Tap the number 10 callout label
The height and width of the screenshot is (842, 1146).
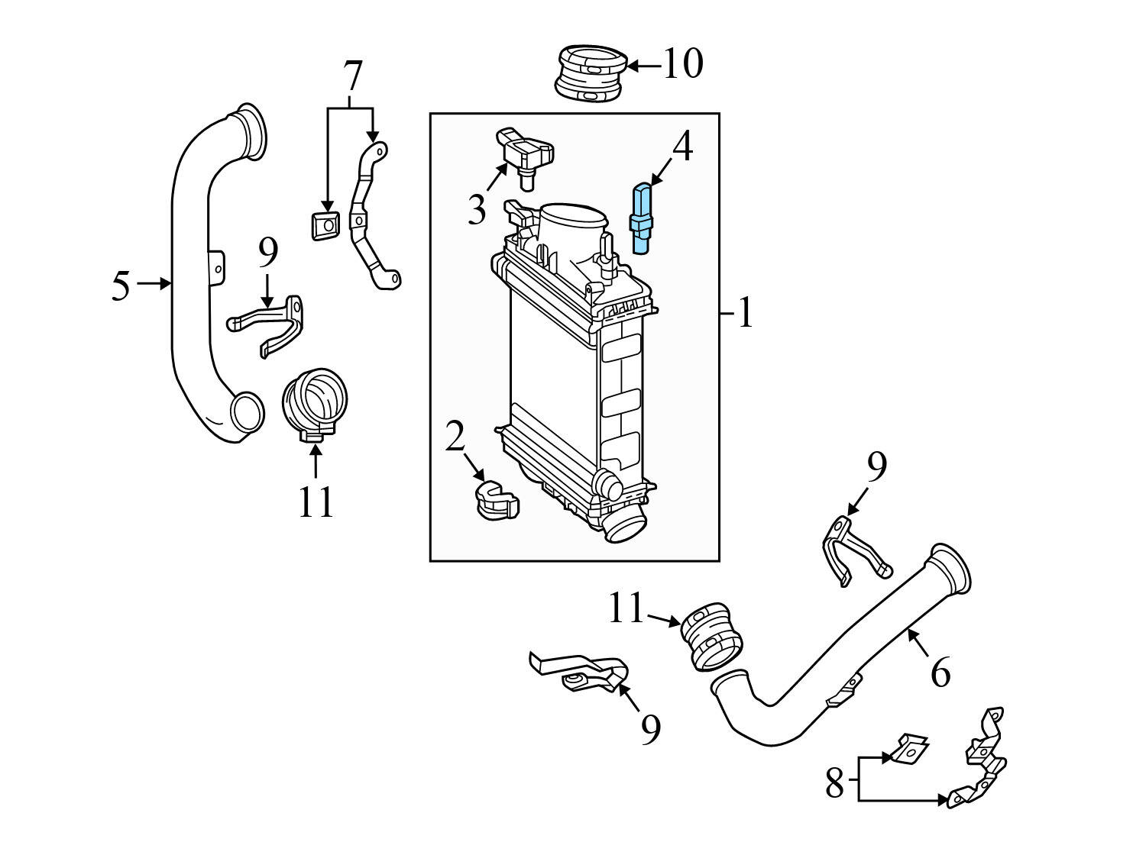tap(682, 64)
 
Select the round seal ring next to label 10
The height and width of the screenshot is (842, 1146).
tap(590, 73)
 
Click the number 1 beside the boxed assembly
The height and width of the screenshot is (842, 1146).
tap(745, 314)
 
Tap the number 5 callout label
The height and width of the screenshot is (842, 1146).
tap(120, 286)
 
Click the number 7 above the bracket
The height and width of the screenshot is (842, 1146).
tap(351, 76)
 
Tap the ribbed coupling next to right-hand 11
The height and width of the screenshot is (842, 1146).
tap(711, 637)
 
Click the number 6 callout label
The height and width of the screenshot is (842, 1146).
tap(940, 673)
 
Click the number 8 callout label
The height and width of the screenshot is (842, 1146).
tap(834, 783)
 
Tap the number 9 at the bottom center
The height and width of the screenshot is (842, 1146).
tap(649, 730)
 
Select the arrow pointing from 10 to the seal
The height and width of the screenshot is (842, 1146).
tap(644, 66)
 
